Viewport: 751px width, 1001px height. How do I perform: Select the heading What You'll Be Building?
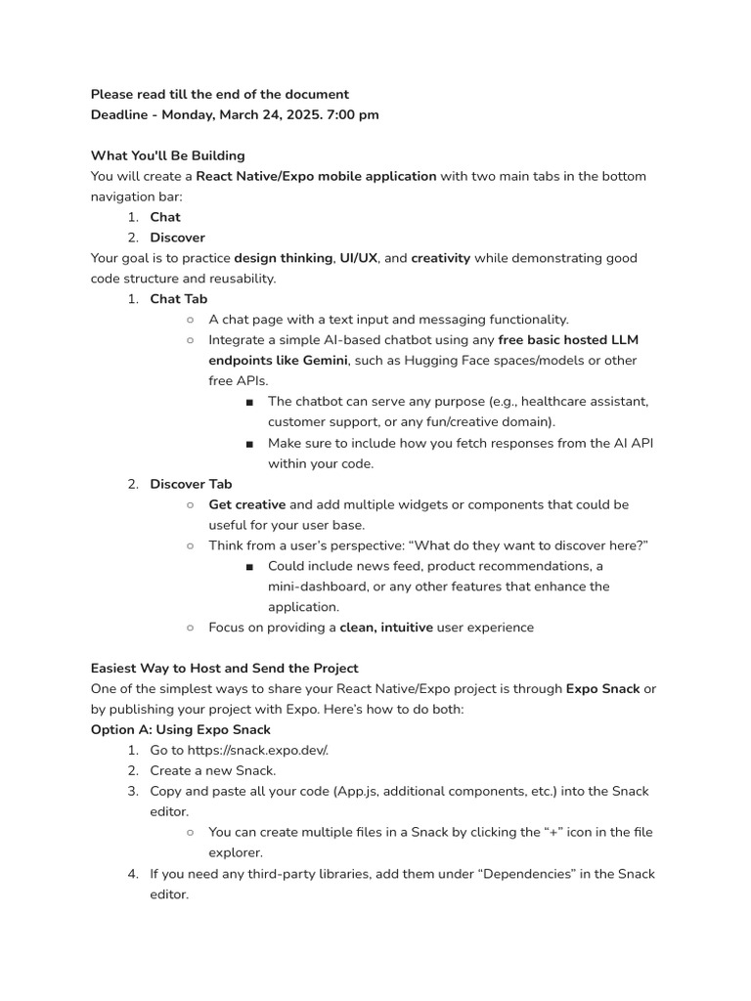(167, 155)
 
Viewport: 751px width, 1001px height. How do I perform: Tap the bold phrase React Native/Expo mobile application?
(316, 176)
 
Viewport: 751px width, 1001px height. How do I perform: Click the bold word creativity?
(440, 258)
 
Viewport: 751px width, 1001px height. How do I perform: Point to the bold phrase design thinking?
(283, 258)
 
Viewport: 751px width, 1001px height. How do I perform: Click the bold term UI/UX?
(359, 258)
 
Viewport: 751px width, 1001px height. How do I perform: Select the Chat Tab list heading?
(178, 298)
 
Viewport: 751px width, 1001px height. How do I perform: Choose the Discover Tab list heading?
(191, 484)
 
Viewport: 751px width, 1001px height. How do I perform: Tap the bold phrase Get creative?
(246, 504)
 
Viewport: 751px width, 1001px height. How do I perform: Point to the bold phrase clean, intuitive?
(385, 628)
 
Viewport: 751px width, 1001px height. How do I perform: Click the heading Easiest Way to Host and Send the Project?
(224, 668)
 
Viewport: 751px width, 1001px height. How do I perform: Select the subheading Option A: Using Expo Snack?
(180, 729)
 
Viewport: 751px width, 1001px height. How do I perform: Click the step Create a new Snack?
(212, 770)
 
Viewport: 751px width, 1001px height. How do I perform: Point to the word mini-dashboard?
(315, 587)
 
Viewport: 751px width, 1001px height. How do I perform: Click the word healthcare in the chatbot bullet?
(536, 401)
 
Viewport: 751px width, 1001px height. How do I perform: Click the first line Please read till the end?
(219, 94)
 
